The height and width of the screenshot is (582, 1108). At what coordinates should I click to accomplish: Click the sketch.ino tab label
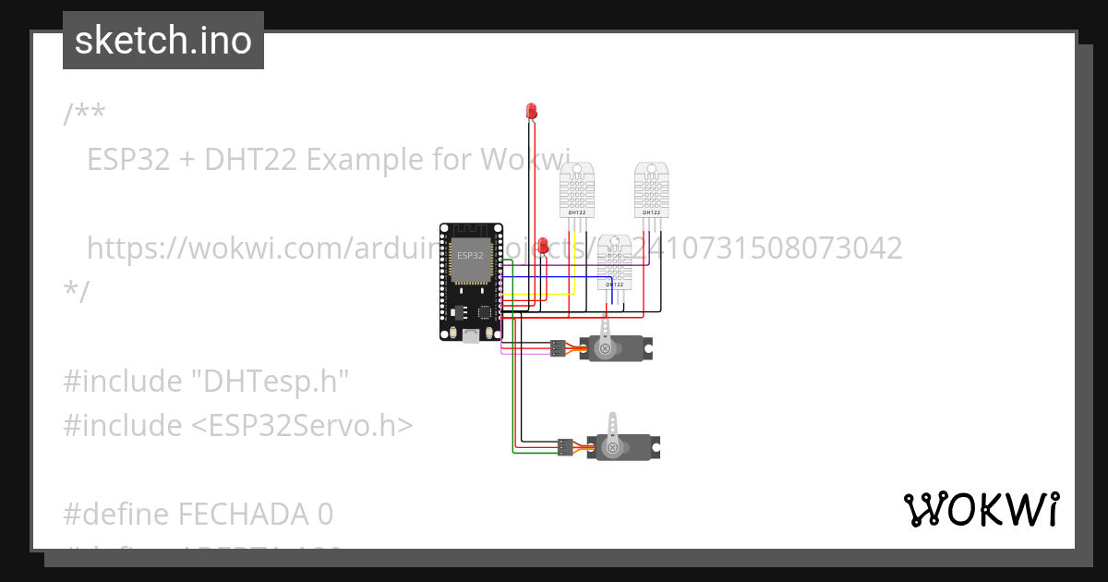point(163,41)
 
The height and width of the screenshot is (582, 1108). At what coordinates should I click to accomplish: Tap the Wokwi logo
point(982,509)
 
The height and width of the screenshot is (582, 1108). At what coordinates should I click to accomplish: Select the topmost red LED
point(531,112)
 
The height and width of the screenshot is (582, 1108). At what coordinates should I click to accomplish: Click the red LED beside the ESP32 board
point(544,247)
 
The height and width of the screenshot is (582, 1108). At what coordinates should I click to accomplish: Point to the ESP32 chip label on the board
point(470,255)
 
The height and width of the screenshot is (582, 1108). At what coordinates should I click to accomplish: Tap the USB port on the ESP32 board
point(471,335)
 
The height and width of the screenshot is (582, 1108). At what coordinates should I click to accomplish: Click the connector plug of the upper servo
point(557,348)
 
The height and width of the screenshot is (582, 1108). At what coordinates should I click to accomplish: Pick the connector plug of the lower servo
point(565,448)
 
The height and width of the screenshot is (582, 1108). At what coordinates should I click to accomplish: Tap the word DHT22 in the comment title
point(250,160)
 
